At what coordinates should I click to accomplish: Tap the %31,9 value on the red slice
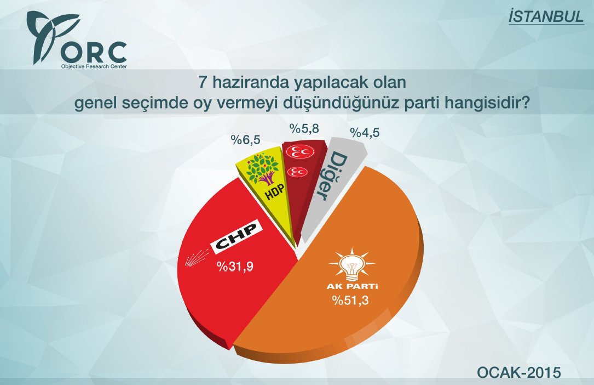(237, 267)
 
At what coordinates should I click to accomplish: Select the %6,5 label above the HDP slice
(244, 140)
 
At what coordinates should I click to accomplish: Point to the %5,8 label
(304, 129)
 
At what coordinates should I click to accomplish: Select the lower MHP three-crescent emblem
(299, 172)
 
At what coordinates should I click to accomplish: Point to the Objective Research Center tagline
(94, 66)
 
